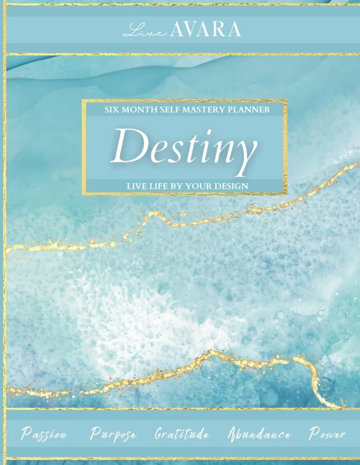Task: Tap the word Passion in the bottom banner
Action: coord(44,434)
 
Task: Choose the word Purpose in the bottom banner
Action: coord(114,434)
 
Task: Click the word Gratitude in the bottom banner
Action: coord(182,434)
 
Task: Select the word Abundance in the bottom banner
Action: coord(259,434)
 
